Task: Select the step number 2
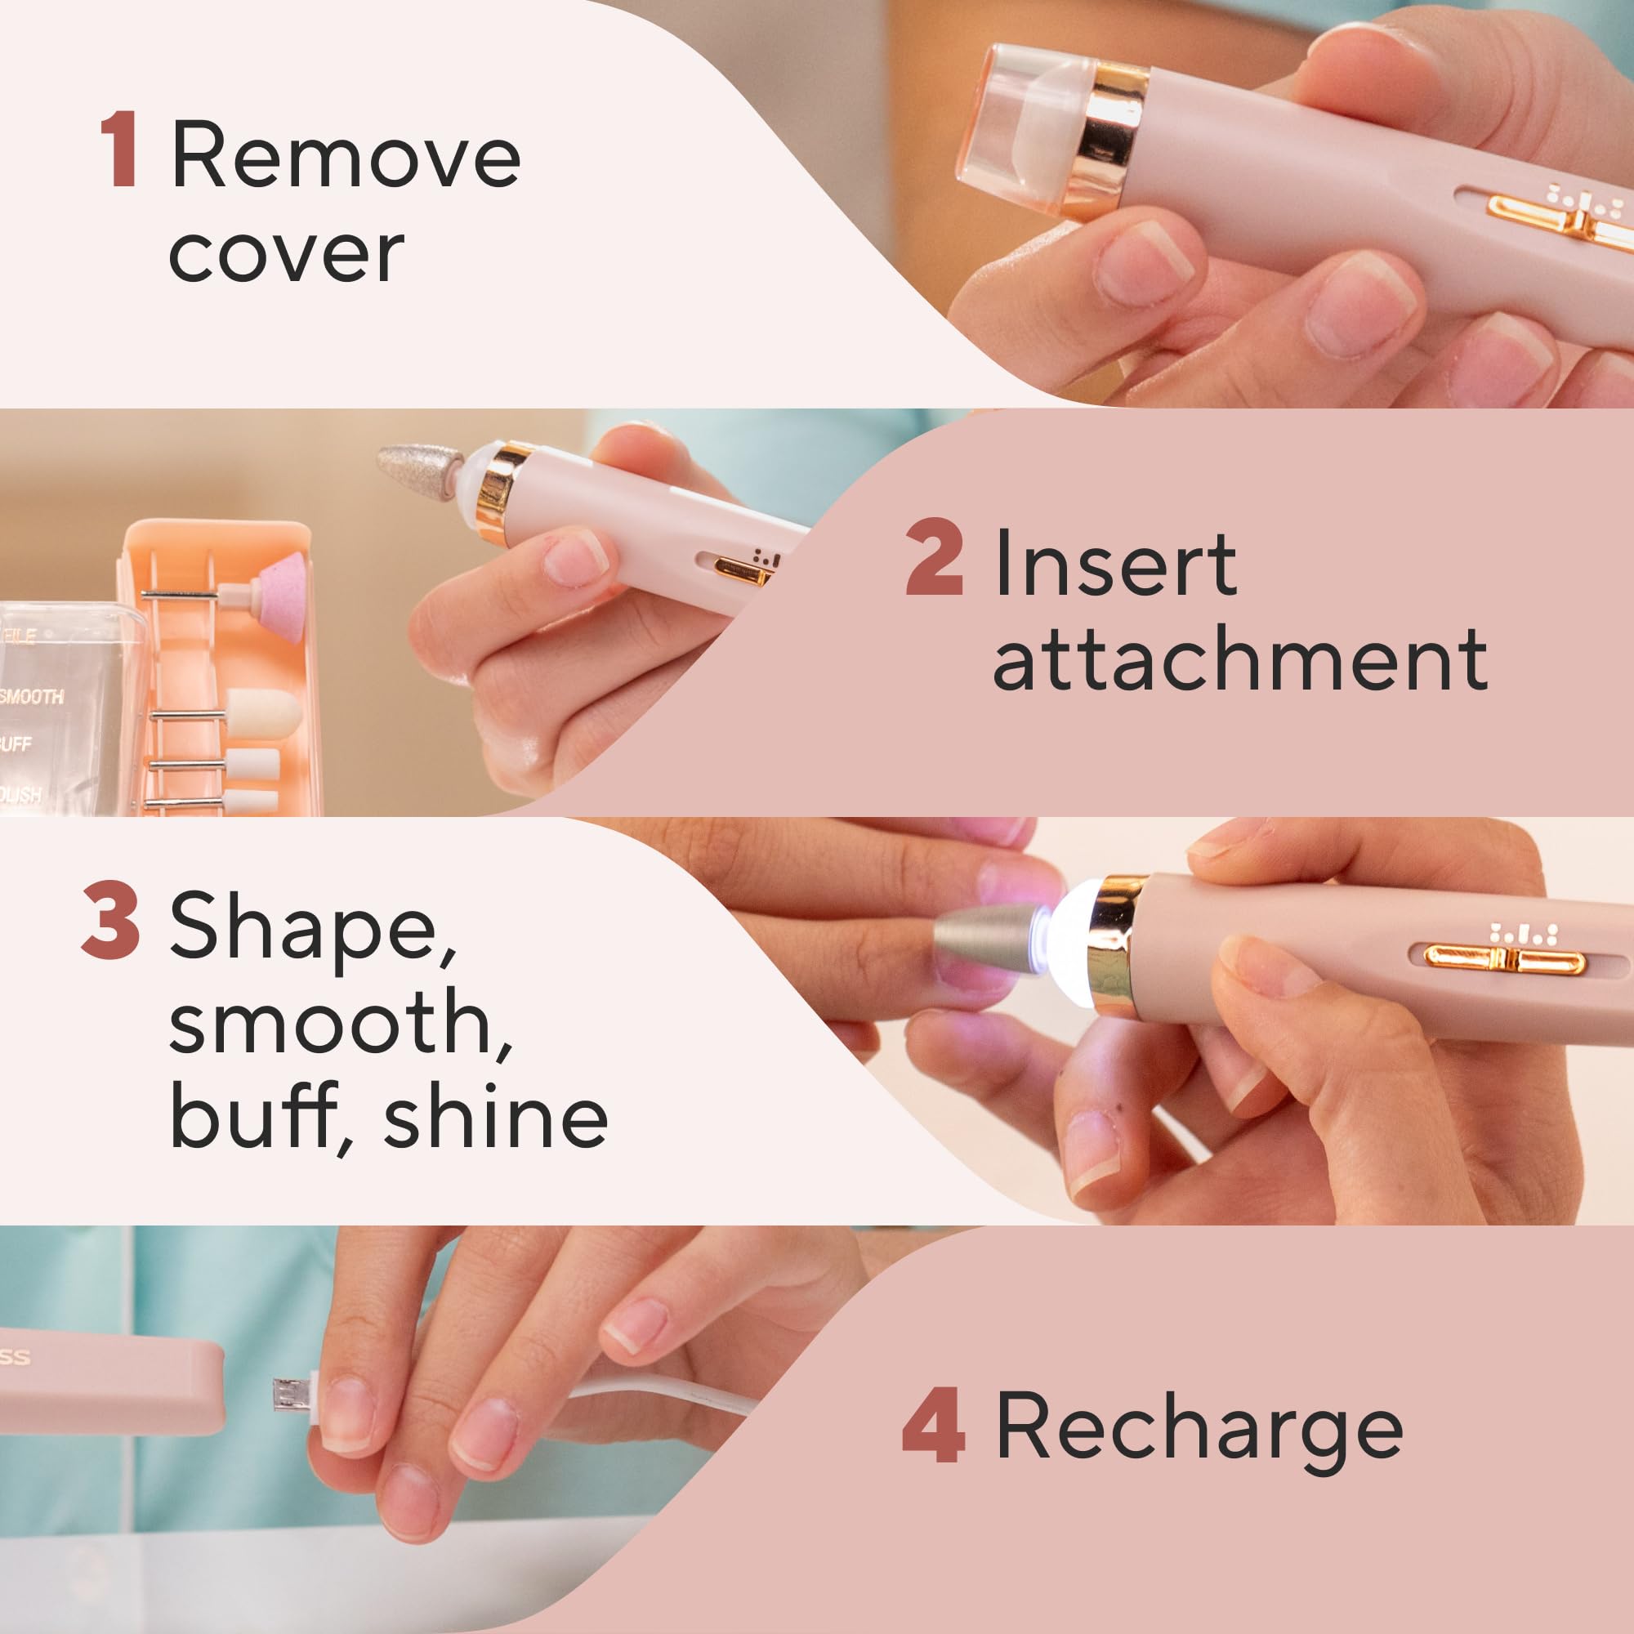(x=934, y=559)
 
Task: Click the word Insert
(x=1114, y=562)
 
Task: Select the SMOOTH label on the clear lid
(x=32, y=696)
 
